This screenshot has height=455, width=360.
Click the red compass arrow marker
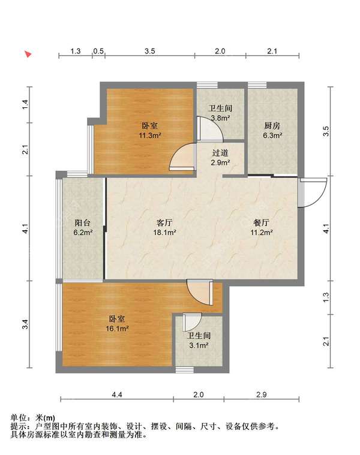[x=28, y=54]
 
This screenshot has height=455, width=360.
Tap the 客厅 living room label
[x=164, y=223]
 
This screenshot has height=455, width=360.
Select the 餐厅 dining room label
[x=261, y=223]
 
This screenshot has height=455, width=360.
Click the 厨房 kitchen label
[x=272, y=126]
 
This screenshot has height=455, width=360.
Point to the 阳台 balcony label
[x=83, y=223]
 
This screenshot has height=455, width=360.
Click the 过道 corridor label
[x=220, y=153]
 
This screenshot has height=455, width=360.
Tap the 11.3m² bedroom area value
[x=150, y=135]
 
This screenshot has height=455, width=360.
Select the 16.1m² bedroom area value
[x=117, y=329]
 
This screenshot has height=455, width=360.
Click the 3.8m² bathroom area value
[x=220, y=118]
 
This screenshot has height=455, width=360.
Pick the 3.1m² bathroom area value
[x=199, y=346]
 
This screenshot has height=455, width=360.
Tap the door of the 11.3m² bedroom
[x=182, y=157]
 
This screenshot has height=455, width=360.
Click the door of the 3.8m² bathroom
[x=210, y=129]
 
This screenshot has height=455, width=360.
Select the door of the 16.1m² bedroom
[x=200, y=293]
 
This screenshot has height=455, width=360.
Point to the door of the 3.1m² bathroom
[x=192, y=322]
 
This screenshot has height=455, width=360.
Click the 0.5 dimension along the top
[x=98, y=52]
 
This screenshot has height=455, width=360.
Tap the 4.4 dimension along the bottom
[x=117, y=394]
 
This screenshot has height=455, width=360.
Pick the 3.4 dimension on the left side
[x=26, y=324]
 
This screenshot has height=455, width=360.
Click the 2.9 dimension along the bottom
[x=261, y=394]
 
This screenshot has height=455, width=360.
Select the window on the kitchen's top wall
[x=257, y=85]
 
